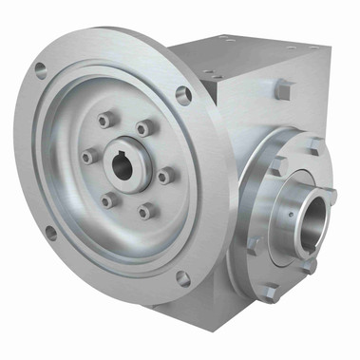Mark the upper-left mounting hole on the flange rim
pyautogui.click(x=40, y=69)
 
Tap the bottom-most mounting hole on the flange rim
pyautogui.click(x=182, y=277)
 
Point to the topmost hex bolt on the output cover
pyautogui.click(x=313, y=145)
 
